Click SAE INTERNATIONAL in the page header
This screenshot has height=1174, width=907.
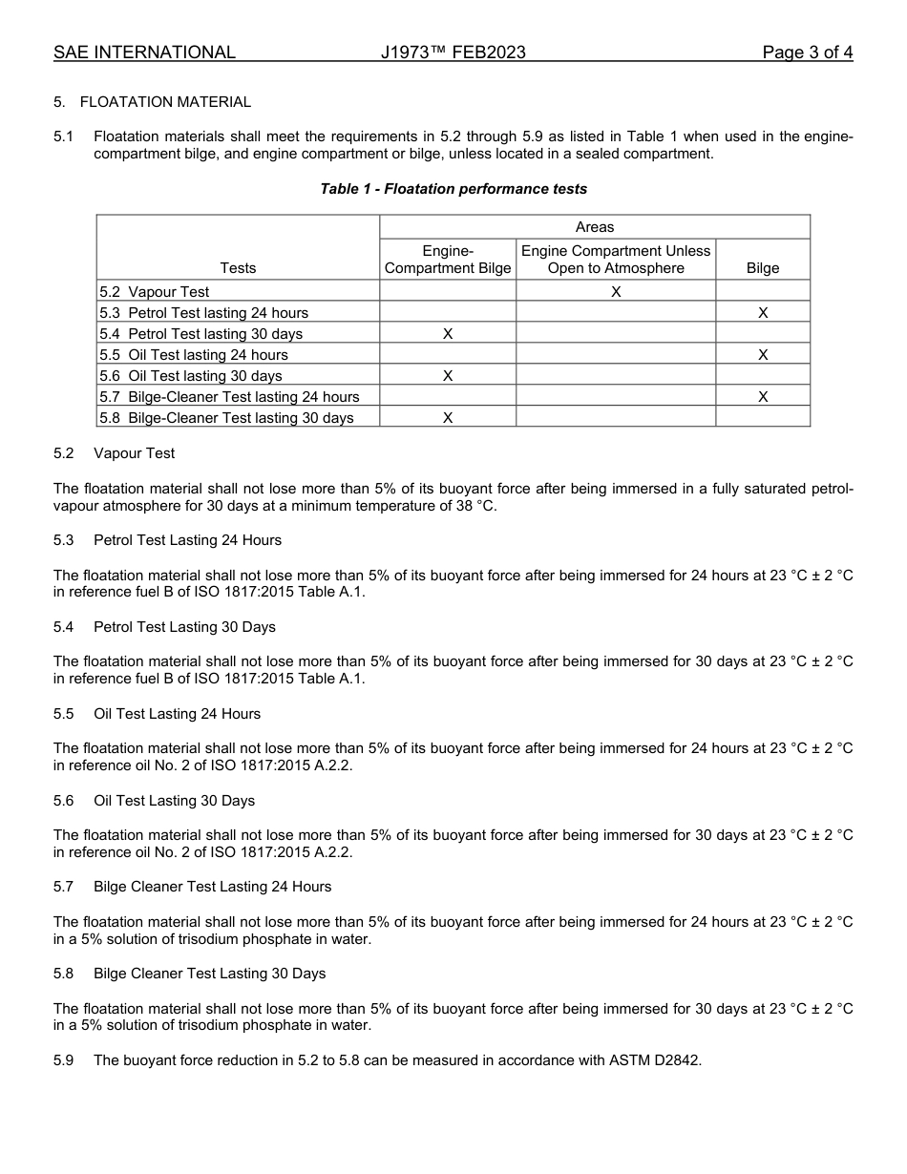[144, 52]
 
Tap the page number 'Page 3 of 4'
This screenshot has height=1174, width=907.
[807, 52]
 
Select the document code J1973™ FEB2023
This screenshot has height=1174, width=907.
[453, 52]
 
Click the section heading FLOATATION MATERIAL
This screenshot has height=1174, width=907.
[165, 102]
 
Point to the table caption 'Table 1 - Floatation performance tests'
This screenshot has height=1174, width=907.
[453, 189]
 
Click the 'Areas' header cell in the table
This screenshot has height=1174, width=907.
[595, 227]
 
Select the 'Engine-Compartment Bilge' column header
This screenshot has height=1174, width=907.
[448, 260]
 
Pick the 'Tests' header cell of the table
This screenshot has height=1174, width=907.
[238, 268]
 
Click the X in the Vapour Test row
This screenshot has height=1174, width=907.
[616, 292]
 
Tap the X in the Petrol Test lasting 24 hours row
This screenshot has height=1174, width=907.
[763, 313]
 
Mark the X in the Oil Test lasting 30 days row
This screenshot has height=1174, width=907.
[448, 376]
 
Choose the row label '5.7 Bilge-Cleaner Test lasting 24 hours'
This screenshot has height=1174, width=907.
[229, 397]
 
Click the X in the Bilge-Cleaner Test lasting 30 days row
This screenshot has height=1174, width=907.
[448, 418]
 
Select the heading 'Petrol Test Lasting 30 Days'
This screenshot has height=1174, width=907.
[184, 627]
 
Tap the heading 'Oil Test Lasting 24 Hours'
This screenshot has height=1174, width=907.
[177, 714]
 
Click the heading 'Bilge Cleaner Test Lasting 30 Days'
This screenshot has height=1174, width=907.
[209, 974]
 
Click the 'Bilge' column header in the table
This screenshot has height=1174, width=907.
[763, 268]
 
